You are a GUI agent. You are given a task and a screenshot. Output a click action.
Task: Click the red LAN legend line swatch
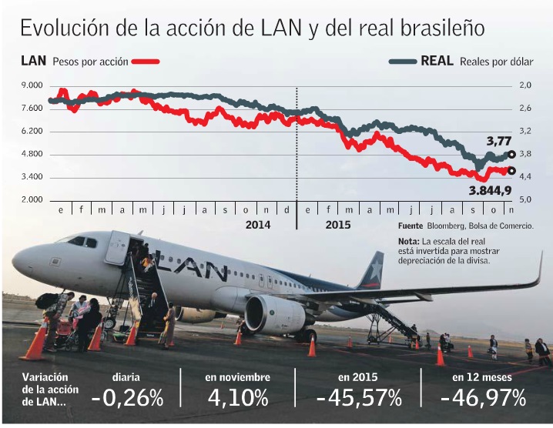point(146,62)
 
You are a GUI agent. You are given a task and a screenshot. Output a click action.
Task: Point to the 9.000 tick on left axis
point(32,85)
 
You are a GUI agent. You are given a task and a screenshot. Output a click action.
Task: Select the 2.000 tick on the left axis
point(32,200)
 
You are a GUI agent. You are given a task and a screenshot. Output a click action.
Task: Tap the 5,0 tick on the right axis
point(525,200)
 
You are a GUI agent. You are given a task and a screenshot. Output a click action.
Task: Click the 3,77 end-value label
point(498,141)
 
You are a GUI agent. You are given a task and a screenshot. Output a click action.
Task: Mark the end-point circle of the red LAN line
point(512,171)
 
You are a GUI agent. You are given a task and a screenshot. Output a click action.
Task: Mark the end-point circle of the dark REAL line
point(512,155)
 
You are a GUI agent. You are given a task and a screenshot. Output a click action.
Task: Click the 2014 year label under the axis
point(257,226)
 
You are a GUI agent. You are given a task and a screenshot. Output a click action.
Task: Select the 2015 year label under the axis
point(337,226)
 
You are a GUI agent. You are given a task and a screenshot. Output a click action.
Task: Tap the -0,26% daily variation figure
point(126,398)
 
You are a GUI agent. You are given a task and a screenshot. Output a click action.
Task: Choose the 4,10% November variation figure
point(237,398)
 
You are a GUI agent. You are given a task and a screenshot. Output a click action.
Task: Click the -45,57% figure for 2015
point(359,398)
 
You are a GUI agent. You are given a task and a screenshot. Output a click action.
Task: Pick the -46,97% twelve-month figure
point(483,398)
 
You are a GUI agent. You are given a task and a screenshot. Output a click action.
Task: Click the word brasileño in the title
point(442,28)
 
